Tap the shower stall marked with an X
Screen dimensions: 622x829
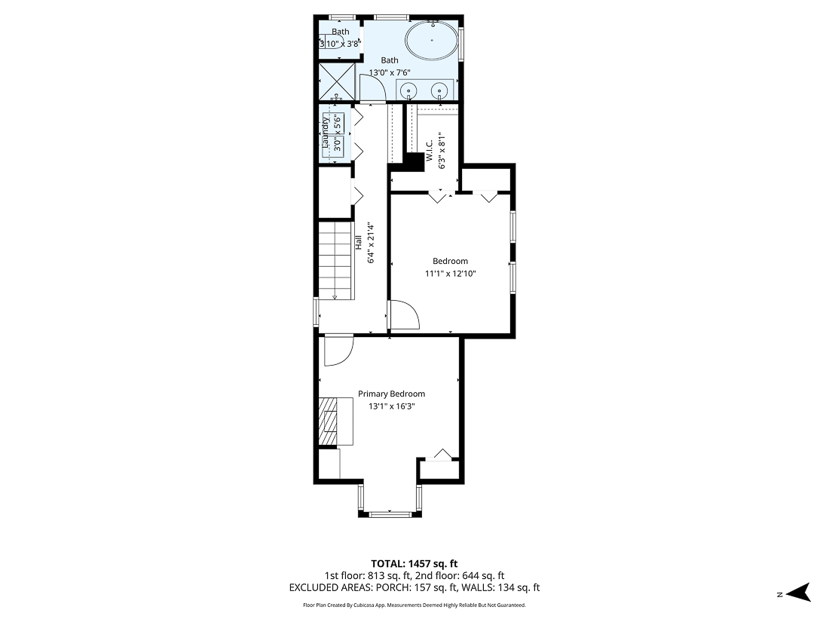(335, 81)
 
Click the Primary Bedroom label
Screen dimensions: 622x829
(391, 394)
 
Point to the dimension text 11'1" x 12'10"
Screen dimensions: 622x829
(450, 274)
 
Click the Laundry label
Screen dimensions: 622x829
(326, 133)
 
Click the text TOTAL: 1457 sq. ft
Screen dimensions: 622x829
(414, 563)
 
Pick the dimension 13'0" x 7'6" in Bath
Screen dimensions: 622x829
(389, 73)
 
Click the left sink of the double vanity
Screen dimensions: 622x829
(409, 90)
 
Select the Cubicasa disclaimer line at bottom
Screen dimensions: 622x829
(414, 605)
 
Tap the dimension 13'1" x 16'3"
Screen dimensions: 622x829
(391, 406)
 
